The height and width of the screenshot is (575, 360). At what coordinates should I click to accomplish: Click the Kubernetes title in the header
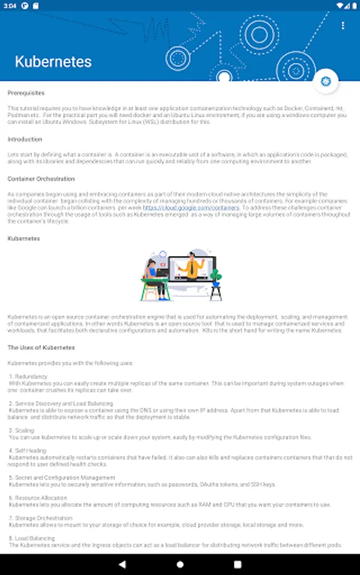(53, 62)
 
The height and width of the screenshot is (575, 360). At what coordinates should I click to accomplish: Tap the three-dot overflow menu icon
(343, 26)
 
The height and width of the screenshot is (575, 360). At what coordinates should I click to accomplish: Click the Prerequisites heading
(26, 93)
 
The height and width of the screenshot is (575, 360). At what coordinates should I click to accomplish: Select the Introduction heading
(25, 139)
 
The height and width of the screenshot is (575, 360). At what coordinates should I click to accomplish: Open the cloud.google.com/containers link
(191, 208)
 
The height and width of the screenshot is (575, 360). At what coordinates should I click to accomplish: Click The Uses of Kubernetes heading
(41, 348)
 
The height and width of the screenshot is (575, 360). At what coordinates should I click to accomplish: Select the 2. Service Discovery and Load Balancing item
(61, 404)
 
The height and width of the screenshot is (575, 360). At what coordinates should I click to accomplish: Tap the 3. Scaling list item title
(22, 431)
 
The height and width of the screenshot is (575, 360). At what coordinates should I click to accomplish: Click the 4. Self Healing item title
(27, 450)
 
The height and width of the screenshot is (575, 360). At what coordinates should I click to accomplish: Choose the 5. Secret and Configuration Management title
(62, 477)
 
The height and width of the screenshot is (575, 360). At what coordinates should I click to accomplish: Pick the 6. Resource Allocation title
(38, 497)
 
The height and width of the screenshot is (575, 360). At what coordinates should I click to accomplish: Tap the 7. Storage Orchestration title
(40, 518)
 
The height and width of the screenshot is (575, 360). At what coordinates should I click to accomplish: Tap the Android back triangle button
(121, 565)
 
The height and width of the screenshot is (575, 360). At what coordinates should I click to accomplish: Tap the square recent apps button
(238, 565)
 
